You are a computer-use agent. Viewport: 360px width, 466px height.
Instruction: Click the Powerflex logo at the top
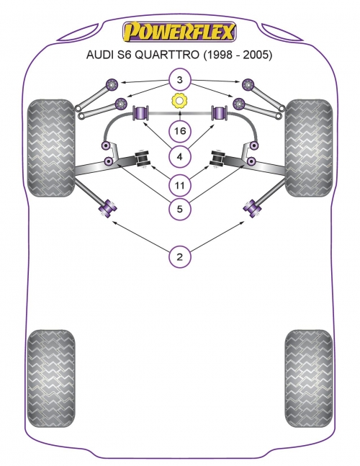point(179,32)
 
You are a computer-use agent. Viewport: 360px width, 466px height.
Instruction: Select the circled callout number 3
point(179,80)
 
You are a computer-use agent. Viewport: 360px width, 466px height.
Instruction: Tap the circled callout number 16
point(179,130)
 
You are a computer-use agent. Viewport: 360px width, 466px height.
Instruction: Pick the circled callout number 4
point(179,156)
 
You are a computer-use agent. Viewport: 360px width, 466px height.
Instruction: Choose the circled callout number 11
point(179,185)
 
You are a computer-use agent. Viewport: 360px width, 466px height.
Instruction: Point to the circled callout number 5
point(179,209)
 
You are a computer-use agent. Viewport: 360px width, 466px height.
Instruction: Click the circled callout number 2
point(179,256)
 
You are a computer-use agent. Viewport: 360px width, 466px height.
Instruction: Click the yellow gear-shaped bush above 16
point(179,101)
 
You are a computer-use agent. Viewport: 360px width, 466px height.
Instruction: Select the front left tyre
point(51,148)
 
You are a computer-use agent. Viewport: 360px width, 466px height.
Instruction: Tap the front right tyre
point(309,148)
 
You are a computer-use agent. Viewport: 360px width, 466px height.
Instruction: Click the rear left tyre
point(51,378)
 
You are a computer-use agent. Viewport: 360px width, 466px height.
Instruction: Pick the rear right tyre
point(309,378)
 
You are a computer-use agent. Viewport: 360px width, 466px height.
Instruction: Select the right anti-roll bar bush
point(219,113)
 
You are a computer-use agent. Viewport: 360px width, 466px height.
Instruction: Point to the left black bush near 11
point(143,159)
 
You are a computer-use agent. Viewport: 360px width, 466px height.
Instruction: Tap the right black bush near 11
point(217,159)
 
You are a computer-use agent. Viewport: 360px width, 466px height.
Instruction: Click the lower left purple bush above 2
point(107,207)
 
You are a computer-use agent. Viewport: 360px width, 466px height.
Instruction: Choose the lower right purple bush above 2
point(252,207)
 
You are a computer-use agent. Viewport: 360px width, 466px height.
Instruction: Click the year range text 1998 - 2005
point(237,55)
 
